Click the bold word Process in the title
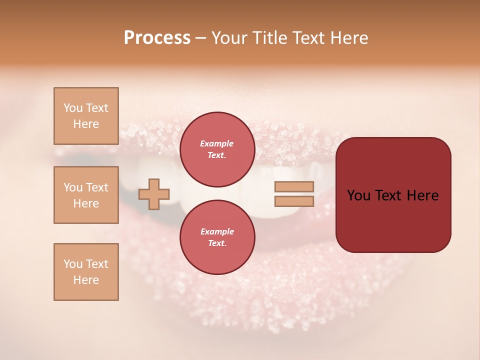click(157, 38)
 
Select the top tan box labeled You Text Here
click(86, 116)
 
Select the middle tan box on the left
click(86, 195)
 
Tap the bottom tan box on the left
click(86, 272)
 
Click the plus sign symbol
click(154, 194)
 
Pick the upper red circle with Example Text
click(217, 149)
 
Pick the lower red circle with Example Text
click(217, 237)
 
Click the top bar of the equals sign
click(294, 187)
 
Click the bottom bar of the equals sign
click(294, 201)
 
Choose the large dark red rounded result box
click(393, 195)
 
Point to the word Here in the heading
click(348, 38)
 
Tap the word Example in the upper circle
click(217, 144)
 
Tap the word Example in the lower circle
click(217, 232)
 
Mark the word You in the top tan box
click(72, 108)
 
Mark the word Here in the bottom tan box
click(86, 280)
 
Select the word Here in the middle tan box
click(86, 203)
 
